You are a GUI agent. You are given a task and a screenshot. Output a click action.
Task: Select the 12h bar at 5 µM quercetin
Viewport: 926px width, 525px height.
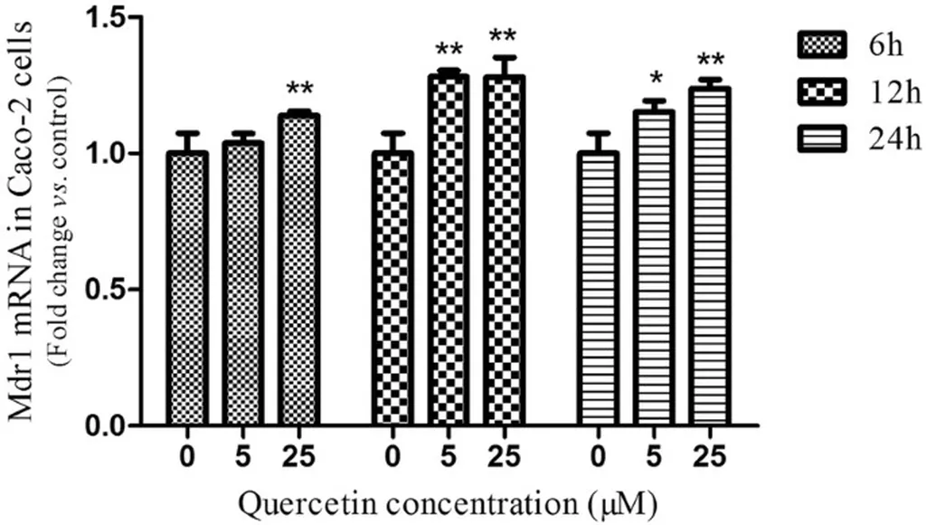click(448, 253)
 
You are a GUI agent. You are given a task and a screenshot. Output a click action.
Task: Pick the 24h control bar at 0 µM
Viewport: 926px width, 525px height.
click(597, 290)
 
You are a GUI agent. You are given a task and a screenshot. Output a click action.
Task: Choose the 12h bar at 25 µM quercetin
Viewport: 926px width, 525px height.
click(504, 253)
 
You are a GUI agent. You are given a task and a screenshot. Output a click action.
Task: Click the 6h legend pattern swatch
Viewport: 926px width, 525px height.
click(822, 43)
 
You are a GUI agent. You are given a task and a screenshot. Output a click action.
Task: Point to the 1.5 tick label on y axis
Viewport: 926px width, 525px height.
click(100, 17)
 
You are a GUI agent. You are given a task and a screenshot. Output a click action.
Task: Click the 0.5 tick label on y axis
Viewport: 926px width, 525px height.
click(100, 289)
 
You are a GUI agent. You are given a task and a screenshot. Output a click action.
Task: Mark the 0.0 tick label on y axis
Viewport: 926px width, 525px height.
click(100, 425)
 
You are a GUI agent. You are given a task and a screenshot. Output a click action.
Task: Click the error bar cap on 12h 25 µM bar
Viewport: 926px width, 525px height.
click(504, 57)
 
